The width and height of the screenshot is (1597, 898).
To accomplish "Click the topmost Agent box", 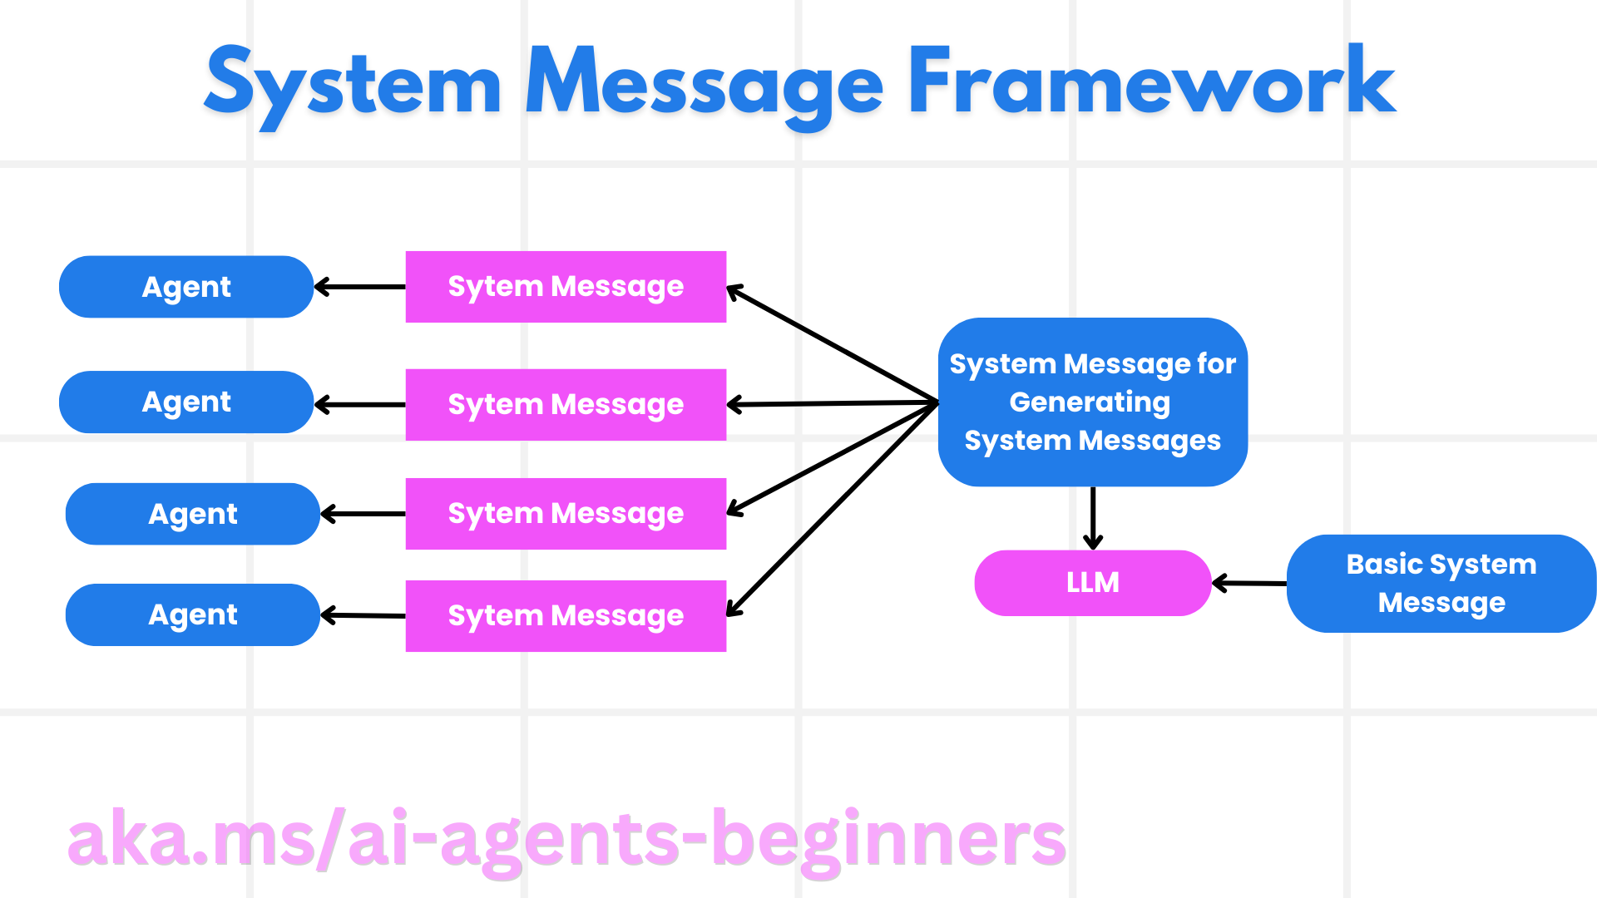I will [x=186, y=287].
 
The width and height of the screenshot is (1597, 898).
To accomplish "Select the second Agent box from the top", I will [x=186, y=402].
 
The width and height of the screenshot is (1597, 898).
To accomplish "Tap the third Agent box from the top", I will [x=193, y=514].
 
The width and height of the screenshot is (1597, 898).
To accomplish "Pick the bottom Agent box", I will [x=193, y=615].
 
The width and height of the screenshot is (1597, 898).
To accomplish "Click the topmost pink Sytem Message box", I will [x=566, y=287].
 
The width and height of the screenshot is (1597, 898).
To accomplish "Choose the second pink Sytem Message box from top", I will [x=566, y=405].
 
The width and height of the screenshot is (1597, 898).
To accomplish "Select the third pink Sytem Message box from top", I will [x=566, y=514].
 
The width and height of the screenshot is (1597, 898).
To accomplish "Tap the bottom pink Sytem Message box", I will [x=566, y=616].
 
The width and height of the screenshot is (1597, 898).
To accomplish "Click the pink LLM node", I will [x=1092, y=583].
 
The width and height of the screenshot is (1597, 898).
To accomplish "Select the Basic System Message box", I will [x=1441, y=584].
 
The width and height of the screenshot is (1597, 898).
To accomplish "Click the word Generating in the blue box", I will [x=1090, y=402].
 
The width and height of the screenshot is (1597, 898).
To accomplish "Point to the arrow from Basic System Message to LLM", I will [x=1249, y=584].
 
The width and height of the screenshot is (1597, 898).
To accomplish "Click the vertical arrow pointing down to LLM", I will [x=1093, y=517].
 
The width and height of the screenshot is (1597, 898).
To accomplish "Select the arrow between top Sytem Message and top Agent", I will [x=359, y=287].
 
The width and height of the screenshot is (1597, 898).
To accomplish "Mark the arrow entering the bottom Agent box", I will [x=363, y=616].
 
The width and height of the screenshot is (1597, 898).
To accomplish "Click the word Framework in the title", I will [x=1151, y=83].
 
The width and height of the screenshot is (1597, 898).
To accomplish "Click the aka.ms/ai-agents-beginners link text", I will [x=566, y=840].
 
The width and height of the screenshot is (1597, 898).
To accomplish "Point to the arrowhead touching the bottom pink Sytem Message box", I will [x=733, y=610].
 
